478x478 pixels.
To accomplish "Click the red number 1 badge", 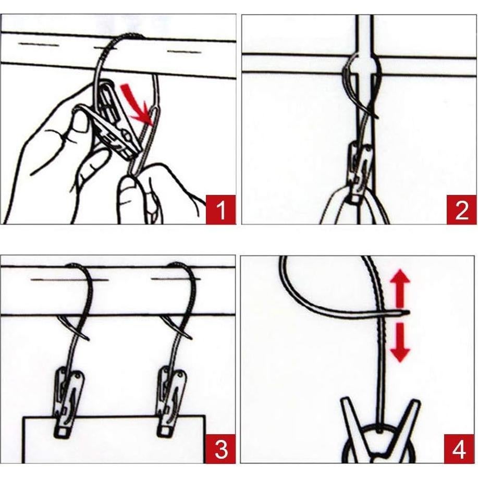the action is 220,210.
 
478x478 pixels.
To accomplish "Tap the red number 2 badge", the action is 461,210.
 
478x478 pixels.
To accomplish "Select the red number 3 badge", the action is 220,449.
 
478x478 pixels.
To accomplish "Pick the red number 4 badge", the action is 459,449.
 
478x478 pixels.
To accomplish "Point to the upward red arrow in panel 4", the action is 400,290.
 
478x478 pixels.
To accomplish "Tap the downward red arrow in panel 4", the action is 400,341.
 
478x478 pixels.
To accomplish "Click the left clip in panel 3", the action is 69,403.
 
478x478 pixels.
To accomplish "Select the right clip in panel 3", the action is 171,403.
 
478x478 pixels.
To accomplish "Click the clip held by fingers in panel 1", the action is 117,122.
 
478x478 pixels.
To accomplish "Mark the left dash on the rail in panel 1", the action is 38,45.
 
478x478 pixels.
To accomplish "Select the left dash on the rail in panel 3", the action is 69,279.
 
